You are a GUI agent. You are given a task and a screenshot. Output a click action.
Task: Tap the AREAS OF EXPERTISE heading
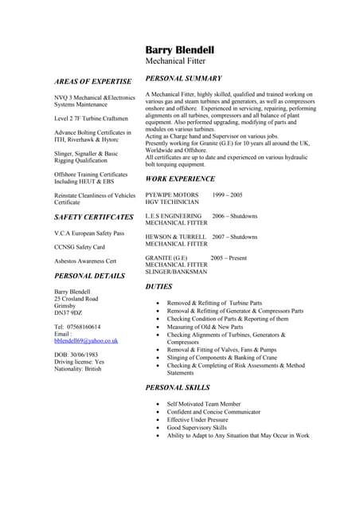click(92, 82)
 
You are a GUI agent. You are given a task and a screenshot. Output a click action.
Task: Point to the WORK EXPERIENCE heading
click(180, 179)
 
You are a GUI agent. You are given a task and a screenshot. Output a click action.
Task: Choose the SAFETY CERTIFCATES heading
click(93, 217)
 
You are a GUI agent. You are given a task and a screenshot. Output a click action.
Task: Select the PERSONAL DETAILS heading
click(89, 276)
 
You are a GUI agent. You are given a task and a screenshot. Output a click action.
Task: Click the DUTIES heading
click(158, 285)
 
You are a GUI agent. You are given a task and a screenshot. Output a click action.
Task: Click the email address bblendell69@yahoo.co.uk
click(86, 340)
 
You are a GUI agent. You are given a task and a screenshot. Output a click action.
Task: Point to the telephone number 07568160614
click(84, 327)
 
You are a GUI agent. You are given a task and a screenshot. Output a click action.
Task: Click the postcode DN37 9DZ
click(68, 313)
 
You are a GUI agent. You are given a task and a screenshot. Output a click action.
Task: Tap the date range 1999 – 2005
click(228, 194)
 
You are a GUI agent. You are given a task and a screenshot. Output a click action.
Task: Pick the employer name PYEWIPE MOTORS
click(172, 194)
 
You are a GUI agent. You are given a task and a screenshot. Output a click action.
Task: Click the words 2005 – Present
click(229, 258)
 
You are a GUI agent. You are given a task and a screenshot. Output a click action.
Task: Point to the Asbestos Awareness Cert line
click(85, 261)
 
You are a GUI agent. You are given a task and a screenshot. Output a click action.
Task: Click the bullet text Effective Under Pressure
click(198, 420)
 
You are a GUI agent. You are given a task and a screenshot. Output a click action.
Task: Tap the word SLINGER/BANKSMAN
click(176, 272)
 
